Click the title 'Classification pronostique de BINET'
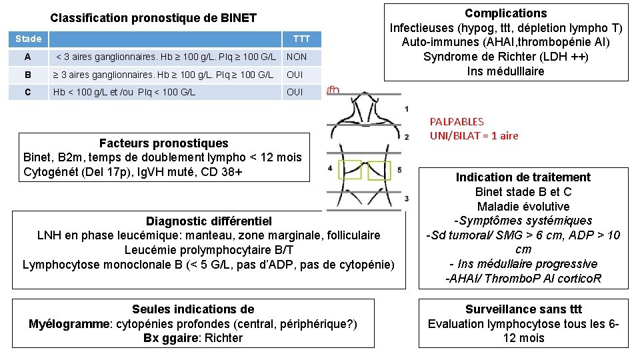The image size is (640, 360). click(153, 18)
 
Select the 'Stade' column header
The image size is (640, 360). click(29, 39)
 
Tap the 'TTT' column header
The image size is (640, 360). click(301, 39)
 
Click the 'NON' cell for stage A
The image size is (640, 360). click(297, 57)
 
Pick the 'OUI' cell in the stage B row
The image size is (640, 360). click(295, 75)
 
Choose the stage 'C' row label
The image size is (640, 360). click(27, 92)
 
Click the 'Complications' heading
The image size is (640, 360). click(506, 13)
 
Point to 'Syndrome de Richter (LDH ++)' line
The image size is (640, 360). click(506, 57)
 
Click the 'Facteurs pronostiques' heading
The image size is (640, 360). click(163, 143)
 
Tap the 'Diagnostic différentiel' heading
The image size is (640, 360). click(209, 221)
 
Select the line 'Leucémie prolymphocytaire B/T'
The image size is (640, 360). click(209, 250)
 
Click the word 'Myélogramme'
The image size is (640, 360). click(70, 324)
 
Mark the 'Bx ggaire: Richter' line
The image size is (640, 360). click(193, 338)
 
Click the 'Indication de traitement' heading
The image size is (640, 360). click(523, 177)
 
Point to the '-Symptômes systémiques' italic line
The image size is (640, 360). click(523, 221)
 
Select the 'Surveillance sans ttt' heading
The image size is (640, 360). click(523, 309)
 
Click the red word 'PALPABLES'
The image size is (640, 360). click(457, 122)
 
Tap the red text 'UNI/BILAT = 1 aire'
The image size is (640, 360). click(474, 136)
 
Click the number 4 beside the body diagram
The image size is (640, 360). click(330, 168)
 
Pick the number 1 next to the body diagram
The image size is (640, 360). click(407, 108)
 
